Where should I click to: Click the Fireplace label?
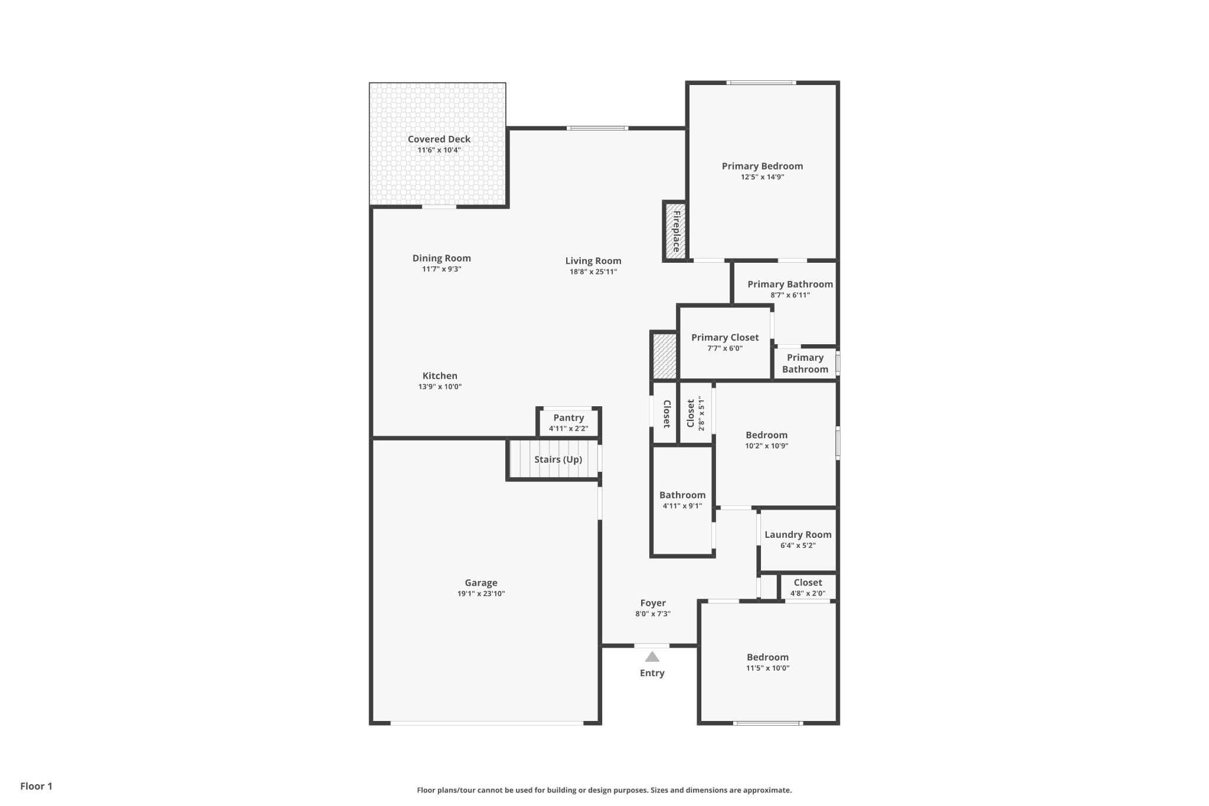(677, 231)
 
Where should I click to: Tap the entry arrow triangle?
(652, 657)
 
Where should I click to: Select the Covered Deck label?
(439, 139)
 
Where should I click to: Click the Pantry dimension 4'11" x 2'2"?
(568, 429)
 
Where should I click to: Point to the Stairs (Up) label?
(558, 459)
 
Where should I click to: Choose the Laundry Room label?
(798, 535)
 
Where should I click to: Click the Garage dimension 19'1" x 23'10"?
(481, 594)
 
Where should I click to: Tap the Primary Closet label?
(725, 338)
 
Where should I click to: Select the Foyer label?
(653, 603)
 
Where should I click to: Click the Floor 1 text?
(37, 787)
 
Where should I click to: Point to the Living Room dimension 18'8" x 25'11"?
(593, 272)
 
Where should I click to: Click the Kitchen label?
(440, 376)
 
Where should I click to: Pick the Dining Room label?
(442, 259)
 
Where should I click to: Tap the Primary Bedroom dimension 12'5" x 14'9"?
(763, 177)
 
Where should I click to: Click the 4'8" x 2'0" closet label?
(808, 594)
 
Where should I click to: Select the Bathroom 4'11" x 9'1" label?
(682, 495)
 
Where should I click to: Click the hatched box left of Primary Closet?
(664, 356)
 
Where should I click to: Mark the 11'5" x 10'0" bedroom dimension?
(767, 668)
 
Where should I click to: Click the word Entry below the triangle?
(652, 673)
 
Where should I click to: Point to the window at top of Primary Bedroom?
(761, 83)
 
